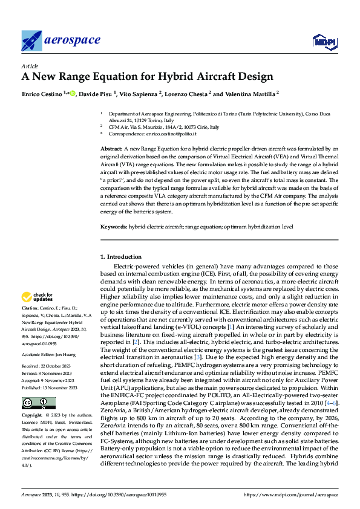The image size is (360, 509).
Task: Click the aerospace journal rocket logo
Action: pos(31,41)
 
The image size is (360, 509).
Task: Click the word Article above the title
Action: pos(30,66)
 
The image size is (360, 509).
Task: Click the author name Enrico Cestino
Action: pos(42,94)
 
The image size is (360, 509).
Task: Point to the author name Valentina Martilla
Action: pos(249,94)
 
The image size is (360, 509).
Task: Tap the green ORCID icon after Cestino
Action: pos(73,94)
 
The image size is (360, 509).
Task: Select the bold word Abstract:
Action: pos(111,148)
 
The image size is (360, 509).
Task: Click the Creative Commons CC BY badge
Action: pos(38,403)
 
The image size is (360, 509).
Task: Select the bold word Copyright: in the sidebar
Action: pos(33,417)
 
